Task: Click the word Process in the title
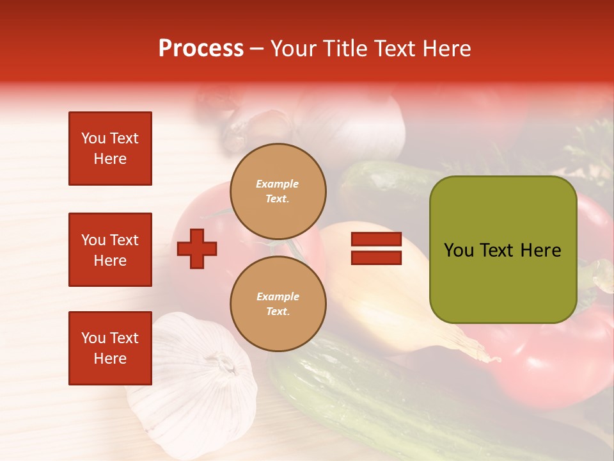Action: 201,49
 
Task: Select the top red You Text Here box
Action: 110,149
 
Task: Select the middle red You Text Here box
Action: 110,250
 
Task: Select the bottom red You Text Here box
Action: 110,348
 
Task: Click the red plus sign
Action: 197,248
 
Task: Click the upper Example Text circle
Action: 278,191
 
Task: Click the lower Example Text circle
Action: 278,304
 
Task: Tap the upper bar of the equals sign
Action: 376,239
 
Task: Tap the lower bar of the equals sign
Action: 376,257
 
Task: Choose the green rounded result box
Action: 503,250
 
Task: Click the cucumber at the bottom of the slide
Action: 358,391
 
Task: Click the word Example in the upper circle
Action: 278,184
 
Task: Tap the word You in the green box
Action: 459,250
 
